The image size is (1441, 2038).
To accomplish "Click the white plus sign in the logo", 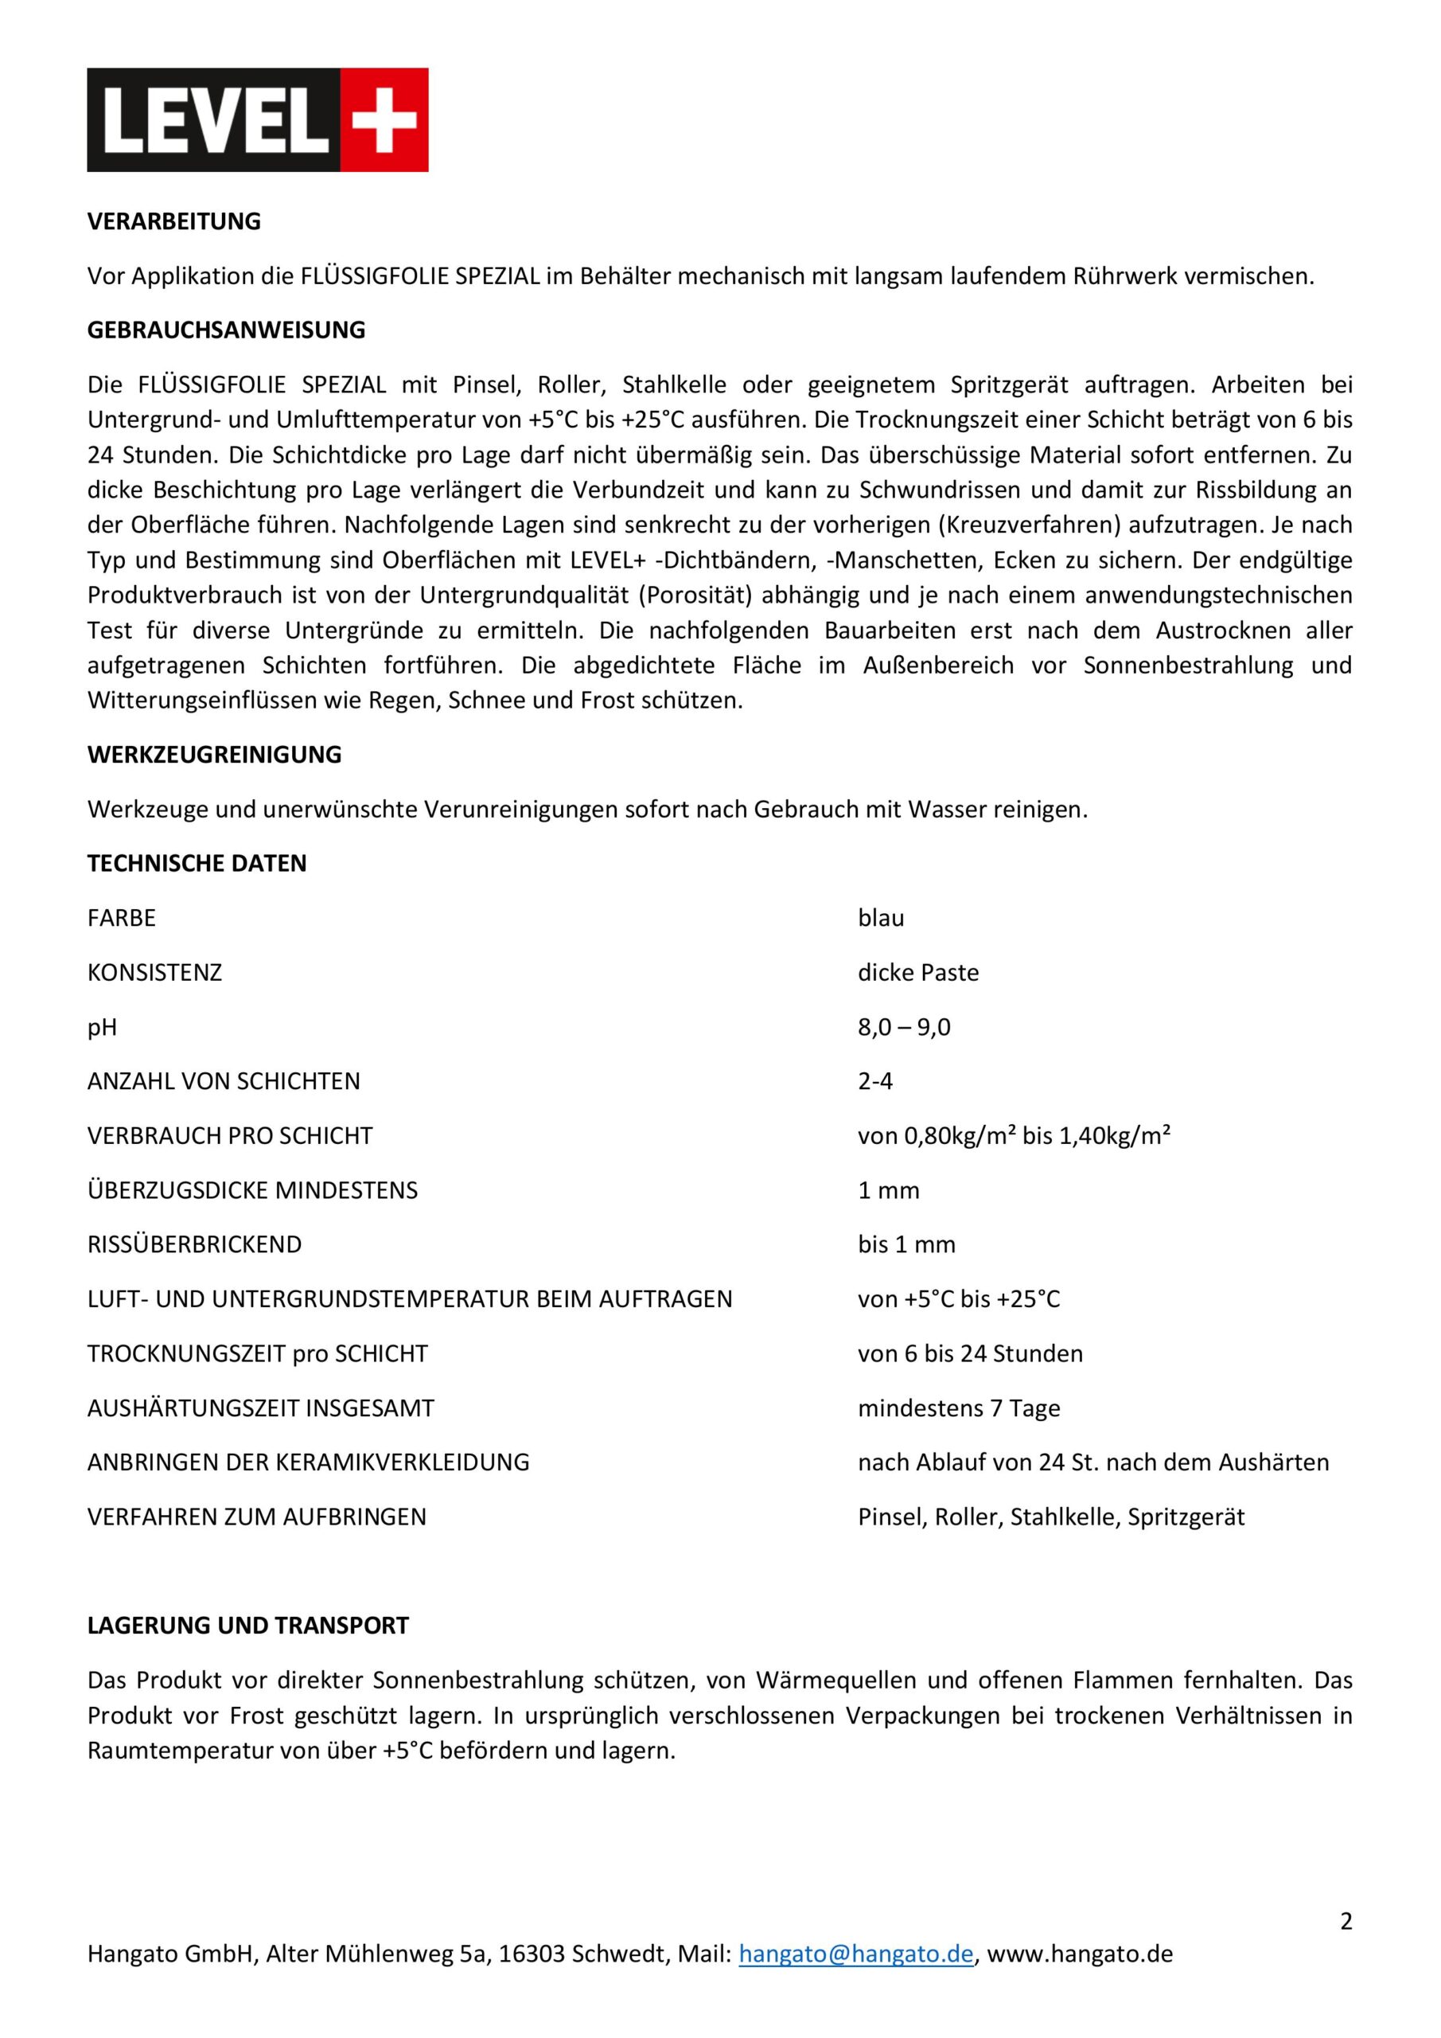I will [x=384, y=120].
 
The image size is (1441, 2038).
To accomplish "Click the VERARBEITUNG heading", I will [x=174, y=222].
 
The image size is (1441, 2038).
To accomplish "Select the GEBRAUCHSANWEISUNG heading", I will [x=226, y=330].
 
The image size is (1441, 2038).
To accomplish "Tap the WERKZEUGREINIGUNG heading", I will [x=214, y=755].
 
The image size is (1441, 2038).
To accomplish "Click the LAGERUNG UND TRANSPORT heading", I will [x=247, y=1626].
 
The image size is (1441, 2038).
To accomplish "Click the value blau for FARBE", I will [x=880, y=918].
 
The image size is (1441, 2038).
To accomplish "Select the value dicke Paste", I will [x=917, y=973].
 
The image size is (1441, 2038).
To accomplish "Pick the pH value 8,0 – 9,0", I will [x=903, y=1027].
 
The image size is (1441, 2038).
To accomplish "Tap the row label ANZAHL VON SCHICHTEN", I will [x=224, y=1081].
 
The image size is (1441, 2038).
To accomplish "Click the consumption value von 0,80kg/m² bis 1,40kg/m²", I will [x=1013, y=1136].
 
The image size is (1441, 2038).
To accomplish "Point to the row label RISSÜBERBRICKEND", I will [x=194, y=1244].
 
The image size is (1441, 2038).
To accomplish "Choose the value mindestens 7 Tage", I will [x=958, y=1408].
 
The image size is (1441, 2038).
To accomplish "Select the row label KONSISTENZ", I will [x=154, y=973].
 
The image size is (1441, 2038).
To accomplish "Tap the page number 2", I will [x=1346, y=1922].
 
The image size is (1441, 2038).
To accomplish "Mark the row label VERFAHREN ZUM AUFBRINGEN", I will [x=256, y=1517].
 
